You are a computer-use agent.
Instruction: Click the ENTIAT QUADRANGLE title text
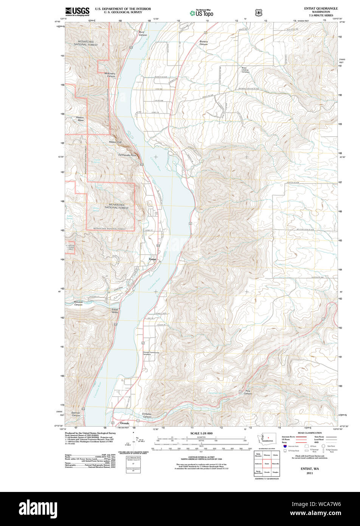coord(321,8)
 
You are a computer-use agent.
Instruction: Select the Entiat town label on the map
coord(152,259)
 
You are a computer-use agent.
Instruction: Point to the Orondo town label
coord(124,423)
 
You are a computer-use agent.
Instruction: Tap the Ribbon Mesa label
coord(80,119)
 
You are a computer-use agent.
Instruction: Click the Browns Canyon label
coord(203,43)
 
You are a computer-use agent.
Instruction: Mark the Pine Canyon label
coord(248,392)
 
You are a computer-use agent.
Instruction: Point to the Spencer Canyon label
coord(76,414)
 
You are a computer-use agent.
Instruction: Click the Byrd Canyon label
coord(143,34)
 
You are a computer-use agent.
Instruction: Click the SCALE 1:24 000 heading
coord(201,433)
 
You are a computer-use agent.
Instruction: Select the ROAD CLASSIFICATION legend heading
coord(309,433)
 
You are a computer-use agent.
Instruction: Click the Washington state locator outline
coord(267,438)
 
